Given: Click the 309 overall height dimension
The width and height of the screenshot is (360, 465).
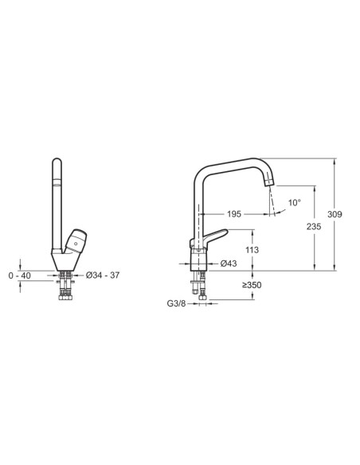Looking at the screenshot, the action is (x=335, y=214).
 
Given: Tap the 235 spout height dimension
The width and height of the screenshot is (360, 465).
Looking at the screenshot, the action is (x=314, y=227).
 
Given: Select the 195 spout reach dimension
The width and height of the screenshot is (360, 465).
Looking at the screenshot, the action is (x=234, y=214).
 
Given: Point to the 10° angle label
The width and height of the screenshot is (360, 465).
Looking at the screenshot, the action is (x=295, y=203).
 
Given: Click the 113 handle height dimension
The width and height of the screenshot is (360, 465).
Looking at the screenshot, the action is (x=252, y=250).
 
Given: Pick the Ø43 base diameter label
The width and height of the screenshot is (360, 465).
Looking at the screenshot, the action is (x=229, y=264).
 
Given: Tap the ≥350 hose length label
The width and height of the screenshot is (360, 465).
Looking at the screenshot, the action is (x=252, y=285).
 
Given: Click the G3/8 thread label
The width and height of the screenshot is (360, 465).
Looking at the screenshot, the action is (x=176, y=303).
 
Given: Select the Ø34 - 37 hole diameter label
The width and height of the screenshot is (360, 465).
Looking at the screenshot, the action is (x=103, y=275).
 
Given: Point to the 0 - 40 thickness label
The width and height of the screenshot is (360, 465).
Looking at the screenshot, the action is (x=20, y=275).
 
